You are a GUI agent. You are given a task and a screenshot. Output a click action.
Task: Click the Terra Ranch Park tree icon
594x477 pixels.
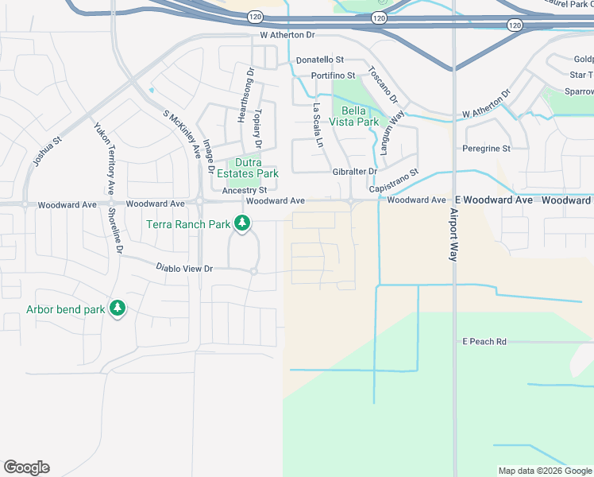pyautogui.click(x=241, y=225)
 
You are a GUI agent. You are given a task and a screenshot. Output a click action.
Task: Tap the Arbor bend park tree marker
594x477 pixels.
pyautogui.click(x=118, y=308)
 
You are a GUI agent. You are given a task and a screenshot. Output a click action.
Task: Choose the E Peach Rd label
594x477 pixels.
pyautogui.click(x=484, y=341)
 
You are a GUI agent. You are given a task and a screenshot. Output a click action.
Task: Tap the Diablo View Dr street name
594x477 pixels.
pyautogui.click(x=184, y=269)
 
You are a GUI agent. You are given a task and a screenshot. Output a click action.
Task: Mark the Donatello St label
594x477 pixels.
pyautogui.click(x=319, y=60)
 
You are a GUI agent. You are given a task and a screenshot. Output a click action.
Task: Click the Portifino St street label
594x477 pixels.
pyautogui.click(x=334, y=75)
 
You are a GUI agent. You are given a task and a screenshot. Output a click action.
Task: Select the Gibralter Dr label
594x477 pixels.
pyautogui.click(x=354, y=171)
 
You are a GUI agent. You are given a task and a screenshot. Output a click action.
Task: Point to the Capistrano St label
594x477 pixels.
pyautogui.click(x=394, y=183)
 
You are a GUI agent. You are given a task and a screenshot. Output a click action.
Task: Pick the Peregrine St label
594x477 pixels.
pyautogui.click(x=486, y=148)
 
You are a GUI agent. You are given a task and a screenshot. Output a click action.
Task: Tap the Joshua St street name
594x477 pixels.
pyautogui.click(x=48, y=153)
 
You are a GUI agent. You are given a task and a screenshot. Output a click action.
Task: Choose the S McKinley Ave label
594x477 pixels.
pyautogui.click(x=180, y=133)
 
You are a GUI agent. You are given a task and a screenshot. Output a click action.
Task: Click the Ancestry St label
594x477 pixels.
pyautogui.click(x=245, y=191)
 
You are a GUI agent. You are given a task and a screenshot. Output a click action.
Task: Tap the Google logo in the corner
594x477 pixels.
pyautogui.click(x=26, y=467)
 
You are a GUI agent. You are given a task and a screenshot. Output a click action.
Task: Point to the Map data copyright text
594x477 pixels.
pyautogui.click(x=544, y=471)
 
